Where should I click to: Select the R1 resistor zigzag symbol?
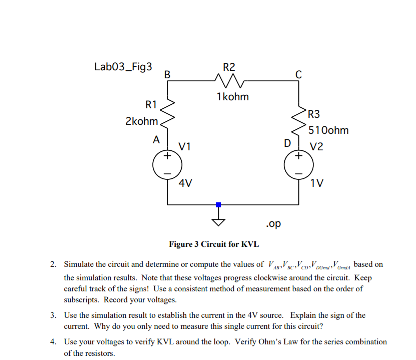click(167, 113)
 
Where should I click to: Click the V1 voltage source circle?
click(167, 165)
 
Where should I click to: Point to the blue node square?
click(218, 205)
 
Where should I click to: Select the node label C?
click(299, 75)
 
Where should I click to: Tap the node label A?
click(156, 140)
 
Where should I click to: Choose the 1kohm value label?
click(232, 97)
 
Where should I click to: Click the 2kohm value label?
click(142, 121)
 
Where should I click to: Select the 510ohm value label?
click(328, 131)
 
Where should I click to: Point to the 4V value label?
click(186, 184)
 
